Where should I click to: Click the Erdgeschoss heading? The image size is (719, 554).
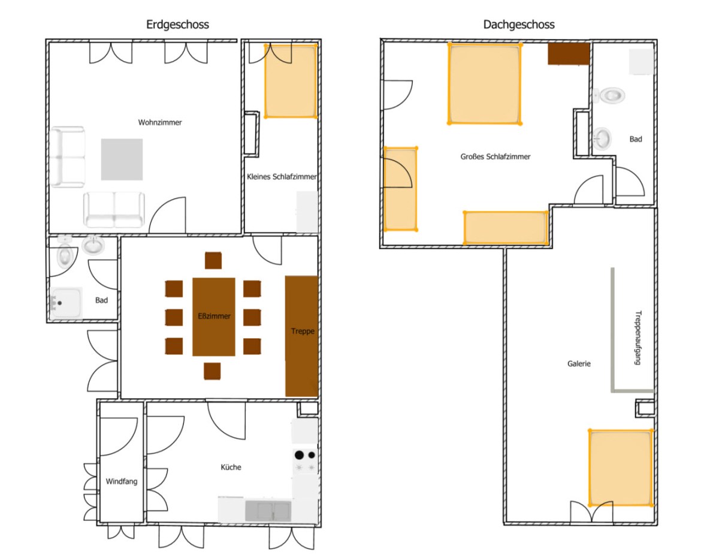click(177, 25)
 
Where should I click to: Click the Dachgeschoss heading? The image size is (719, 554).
click(518, 25)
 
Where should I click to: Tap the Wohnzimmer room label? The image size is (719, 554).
click(160, 122)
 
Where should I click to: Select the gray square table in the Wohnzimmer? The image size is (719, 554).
click(122, 159)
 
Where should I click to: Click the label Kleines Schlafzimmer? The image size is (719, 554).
click(282, 177)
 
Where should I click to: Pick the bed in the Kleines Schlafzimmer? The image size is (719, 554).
click(291, 81)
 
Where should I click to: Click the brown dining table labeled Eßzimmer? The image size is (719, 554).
click(214, 317)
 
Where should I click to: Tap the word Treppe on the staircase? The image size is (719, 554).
click(303, 332)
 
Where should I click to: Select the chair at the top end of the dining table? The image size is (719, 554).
click(213, 260)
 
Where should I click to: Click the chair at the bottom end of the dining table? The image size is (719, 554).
click(212, 371)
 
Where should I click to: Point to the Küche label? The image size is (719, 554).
click(231, 467)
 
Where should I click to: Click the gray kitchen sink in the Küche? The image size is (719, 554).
click(268, 511)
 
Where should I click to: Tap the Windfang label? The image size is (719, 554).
click(122, 481)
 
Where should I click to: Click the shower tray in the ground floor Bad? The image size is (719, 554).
click(65, 303)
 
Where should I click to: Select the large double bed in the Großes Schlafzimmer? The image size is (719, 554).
click(485, 84)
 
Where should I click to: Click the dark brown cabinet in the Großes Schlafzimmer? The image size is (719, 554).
click(569, 54)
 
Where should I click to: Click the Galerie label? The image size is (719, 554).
click(579, 364)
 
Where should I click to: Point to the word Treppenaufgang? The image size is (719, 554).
click(638, 338)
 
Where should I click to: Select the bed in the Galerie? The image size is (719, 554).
click(620, 468)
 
